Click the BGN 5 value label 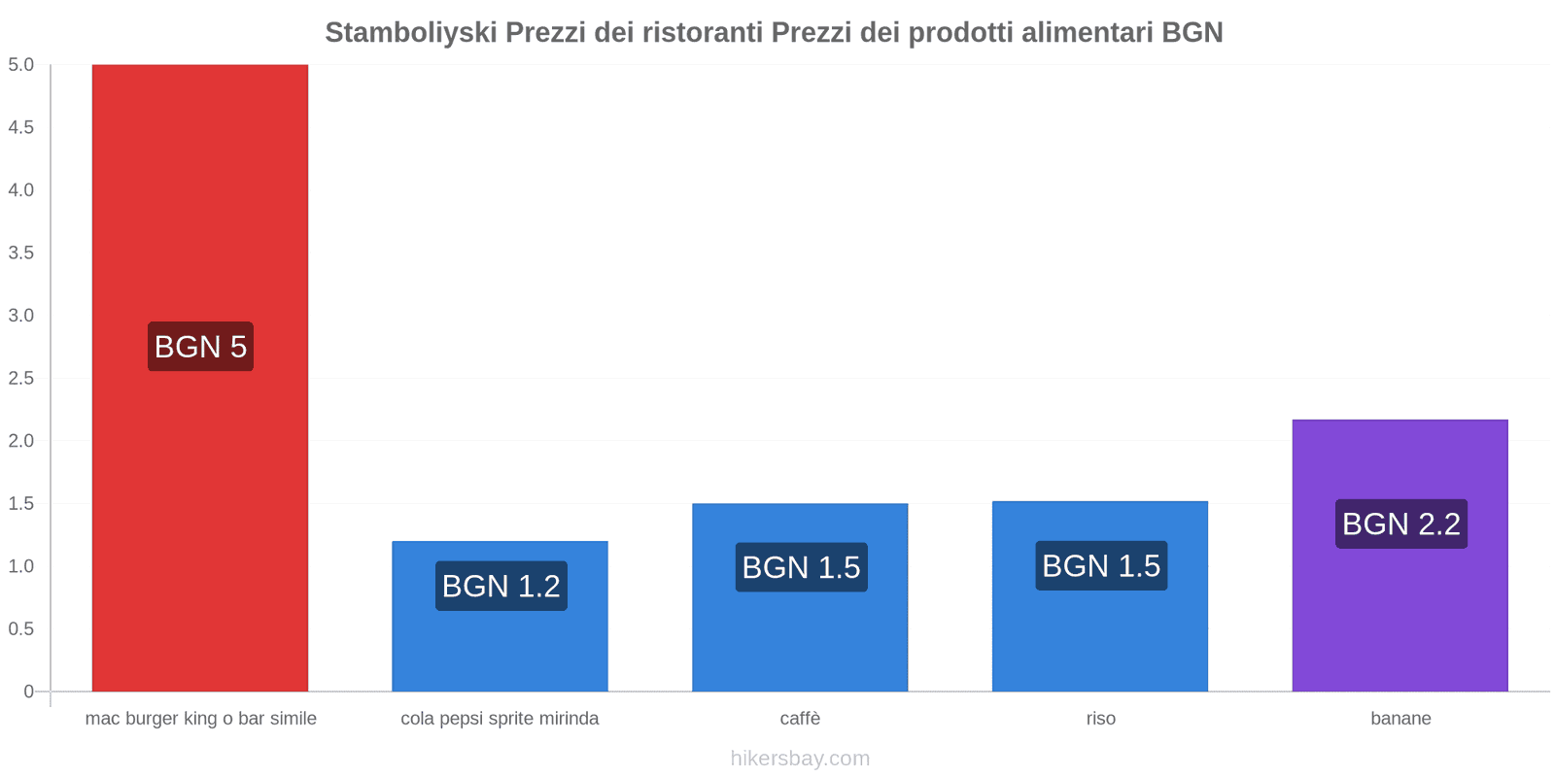[x=200, y=347]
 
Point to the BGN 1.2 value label [x=501, y=586]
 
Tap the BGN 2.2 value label [x=1400, y=524]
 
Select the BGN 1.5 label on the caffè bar [x=801, y=567]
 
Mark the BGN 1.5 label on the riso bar [x=1101, y=566]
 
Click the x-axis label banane [x=1400, y=719]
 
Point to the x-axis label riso [x=1100, y=719]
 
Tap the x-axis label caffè [x=800, y=719]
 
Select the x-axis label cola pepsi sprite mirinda [x=500, y=719]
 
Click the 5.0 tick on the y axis [x=21, y=65]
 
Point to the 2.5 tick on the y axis [x=21, y=378]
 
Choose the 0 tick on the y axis [x=28, y=692]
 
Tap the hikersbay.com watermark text [x=800, y=759]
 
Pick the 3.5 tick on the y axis [x=21, y=253]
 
